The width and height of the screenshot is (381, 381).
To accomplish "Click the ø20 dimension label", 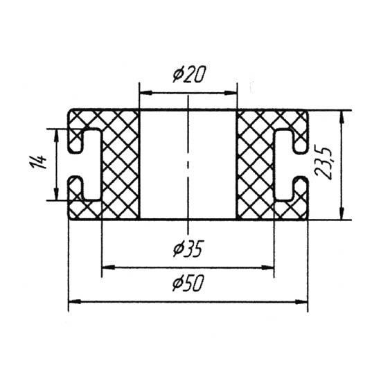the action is coord(189,74).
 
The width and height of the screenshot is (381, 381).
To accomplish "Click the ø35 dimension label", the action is coord(187,249).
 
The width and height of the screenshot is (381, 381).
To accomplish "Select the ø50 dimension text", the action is coord(188,283).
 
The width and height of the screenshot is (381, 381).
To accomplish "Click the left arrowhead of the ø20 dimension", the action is coord(145,93).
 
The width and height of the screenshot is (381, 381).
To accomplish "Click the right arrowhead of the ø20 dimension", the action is coord(230,93).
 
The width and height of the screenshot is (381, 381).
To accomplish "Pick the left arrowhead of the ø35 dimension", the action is coord(108,267).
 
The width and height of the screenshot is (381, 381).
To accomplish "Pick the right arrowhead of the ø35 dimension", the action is coord(267,267).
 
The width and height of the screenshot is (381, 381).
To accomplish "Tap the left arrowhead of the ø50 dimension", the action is coord(75,301).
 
